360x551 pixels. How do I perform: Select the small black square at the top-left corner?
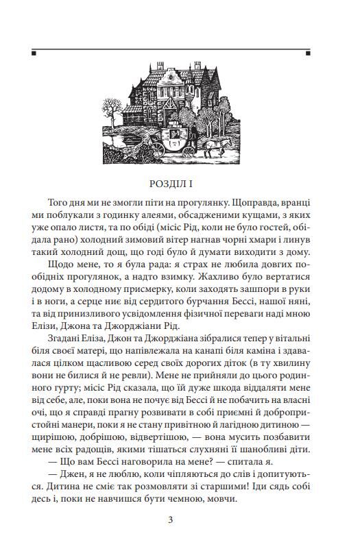click(34, 52)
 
